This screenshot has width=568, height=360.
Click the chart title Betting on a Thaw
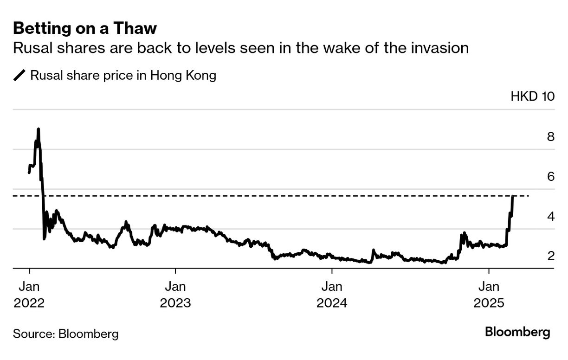click(x=85, y=29)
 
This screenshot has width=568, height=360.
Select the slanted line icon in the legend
click(x=20, y=75)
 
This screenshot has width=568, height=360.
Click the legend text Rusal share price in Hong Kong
click(x=123, y=75)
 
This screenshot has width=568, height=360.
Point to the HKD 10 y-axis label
click(x=532, y=96)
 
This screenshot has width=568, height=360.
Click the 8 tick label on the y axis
click(x=550, y=137)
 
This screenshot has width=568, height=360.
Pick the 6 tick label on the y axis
click(x=550, y=177)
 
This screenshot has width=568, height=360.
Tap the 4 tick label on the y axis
click(x=550, y=216)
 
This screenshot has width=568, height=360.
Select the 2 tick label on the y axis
click(x=550, y=256)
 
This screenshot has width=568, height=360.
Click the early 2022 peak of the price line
click(x=38, y=129)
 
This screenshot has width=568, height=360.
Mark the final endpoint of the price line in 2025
click(x=513, y=197)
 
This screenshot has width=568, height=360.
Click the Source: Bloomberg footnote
click(x=65, y=334)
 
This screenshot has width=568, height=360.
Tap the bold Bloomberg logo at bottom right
click(x=517, y=332)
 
